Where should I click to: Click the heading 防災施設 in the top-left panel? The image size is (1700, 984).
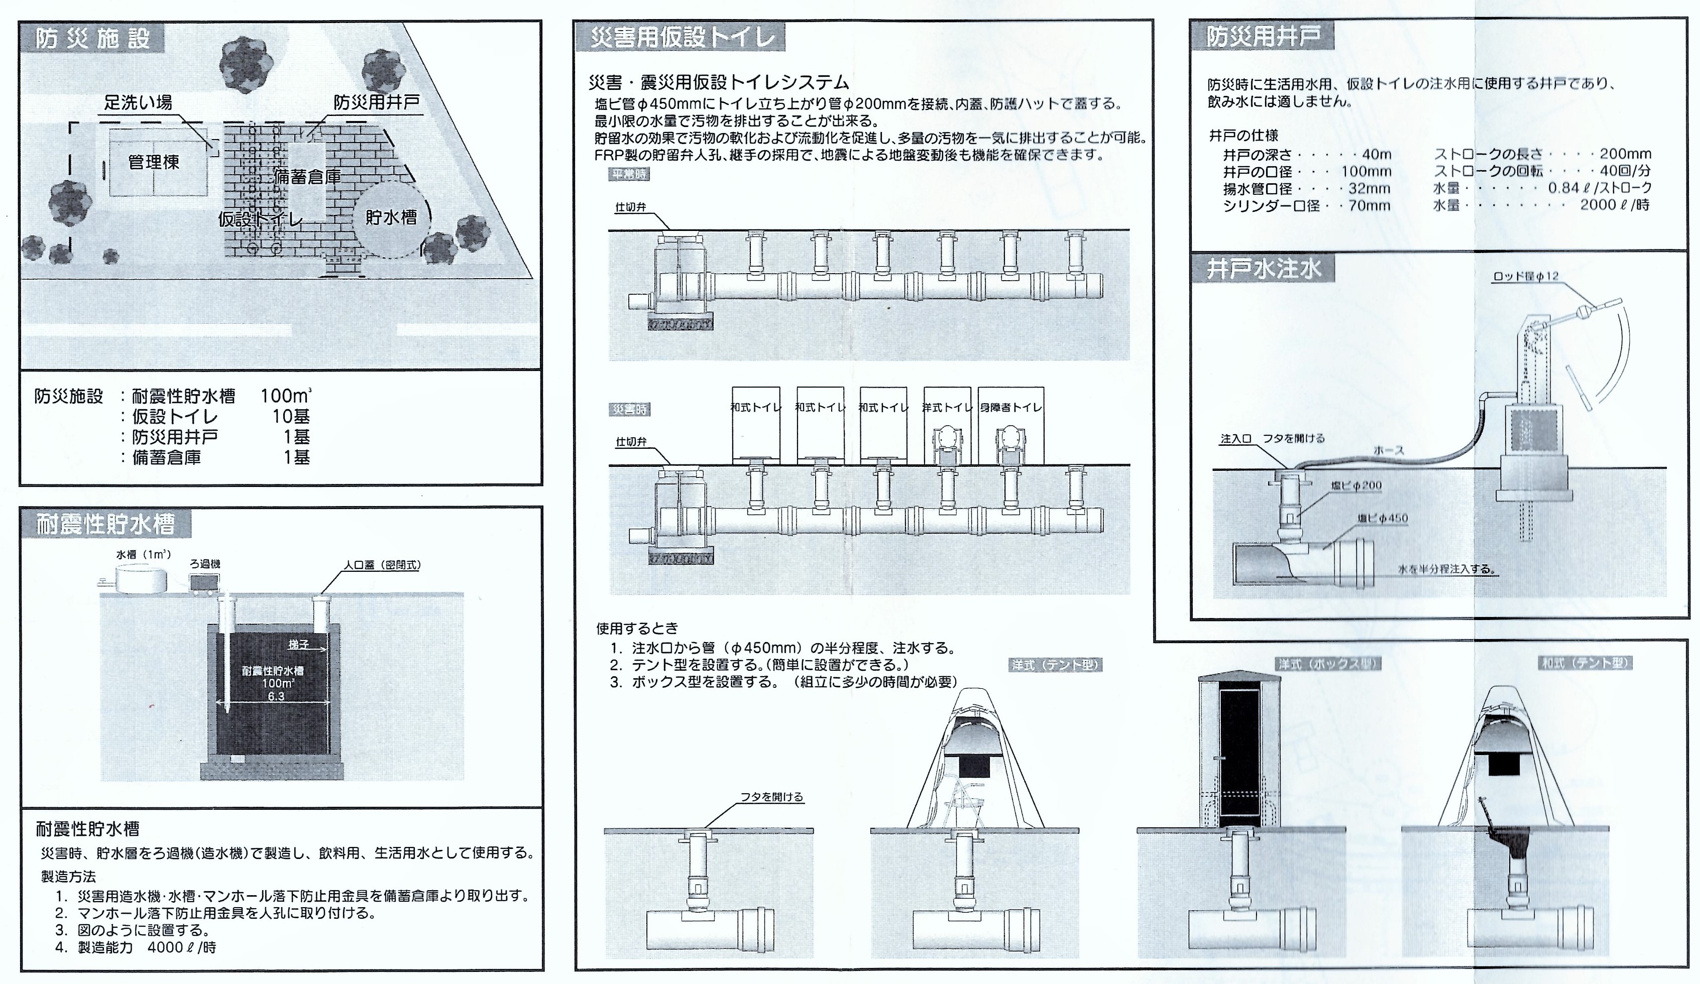pyautogui.click(x=92, y=39)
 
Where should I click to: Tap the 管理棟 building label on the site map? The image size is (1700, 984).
pyautogui.click(x=154, y=163)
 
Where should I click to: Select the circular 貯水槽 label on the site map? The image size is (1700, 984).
pyautogui.click(x=391, y=217)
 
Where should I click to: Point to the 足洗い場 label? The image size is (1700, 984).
pyautogui.click(x=138, y=102)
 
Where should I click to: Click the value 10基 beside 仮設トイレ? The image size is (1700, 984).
pyautogui.click(x=291, y=416)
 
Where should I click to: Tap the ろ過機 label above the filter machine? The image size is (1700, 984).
pyautogui.click(x=205, y=564)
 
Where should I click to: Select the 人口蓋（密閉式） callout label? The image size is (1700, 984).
pyautogui.click(x=382, y=565)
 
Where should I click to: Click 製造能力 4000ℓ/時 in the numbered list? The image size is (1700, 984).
pyautogui.click(x=146, y=947)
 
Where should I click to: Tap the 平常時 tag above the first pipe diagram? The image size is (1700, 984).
pyautogui.click(x=629, y=174)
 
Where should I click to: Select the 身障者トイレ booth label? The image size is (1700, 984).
pyautogui.click(x=1010, y=407)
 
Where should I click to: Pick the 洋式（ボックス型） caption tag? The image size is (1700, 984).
pyautogui.click(x=1327, y=664)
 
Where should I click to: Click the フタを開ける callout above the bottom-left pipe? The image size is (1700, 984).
pyautogui.click(x=772, y=797)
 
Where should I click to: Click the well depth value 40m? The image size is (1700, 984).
pyautogui.click(x=1376, y=155)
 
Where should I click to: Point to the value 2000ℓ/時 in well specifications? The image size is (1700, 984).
pyautogui.click(x=1614, y=205)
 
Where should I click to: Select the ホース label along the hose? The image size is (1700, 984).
pyautogui.click(x=1389, y=450)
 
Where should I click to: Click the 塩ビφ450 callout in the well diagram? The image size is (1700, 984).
pyautogui.click(x=1383, y=519)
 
